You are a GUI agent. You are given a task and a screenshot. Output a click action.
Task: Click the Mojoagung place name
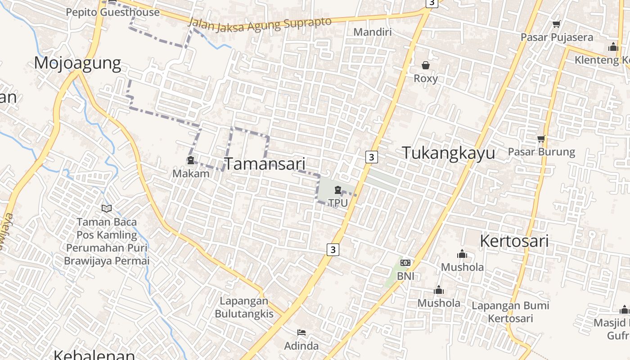tap(77, 63)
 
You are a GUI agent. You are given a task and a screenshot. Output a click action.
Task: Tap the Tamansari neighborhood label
tap(265, 164)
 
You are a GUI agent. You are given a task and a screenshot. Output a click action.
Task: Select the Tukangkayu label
tap(448, 153)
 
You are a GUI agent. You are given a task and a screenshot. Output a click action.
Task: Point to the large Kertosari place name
tap(514, 241)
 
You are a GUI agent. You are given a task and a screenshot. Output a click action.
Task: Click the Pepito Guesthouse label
tap(112, 12)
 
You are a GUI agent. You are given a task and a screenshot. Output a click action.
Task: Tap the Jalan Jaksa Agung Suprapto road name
tap(260, 24)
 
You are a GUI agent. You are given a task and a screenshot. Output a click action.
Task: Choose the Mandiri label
tap(373, 32)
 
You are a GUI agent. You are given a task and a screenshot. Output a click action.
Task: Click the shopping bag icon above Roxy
tap(426, 66)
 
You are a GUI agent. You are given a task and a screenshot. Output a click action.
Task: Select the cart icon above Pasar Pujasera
tap(557, 24)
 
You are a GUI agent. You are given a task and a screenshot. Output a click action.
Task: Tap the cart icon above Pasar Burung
tap(541, 139)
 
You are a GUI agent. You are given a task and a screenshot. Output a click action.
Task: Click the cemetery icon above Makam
tap(191, 160)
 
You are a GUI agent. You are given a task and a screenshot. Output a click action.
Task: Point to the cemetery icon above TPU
tap(338, 190)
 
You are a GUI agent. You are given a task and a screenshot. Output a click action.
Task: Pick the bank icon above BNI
tap(405, 263)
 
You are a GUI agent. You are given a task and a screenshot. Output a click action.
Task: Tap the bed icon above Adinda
tap(301, 333)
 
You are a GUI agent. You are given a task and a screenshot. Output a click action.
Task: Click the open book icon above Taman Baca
tap(107, 208)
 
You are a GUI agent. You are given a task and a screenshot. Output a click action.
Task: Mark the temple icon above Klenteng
tap(613, 47)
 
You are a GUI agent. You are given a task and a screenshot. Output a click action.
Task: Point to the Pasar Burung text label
tap(541, 152)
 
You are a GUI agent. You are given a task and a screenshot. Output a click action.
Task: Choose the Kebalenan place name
tap(94, 355)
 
